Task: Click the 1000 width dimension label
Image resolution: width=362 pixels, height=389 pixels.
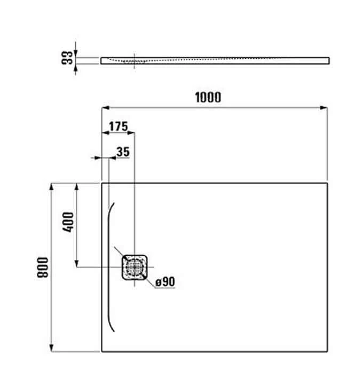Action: click(x=208, y=97)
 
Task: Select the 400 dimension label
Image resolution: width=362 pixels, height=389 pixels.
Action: click(x=68, y=222)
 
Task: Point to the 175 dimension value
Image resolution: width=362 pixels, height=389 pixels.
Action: click(x=118, y=126)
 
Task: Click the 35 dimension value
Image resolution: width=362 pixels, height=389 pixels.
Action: click(x=123, y=152)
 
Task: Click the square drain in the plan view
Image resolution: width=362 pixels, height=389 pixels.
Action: click(x=134, y=266)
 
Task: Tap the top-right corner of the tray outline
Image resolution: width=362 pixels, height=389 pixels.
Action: click(x=327, y=183)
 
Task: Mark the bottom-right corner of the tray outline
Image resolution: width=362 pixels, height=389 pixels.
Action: click(x=327, y=352)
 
